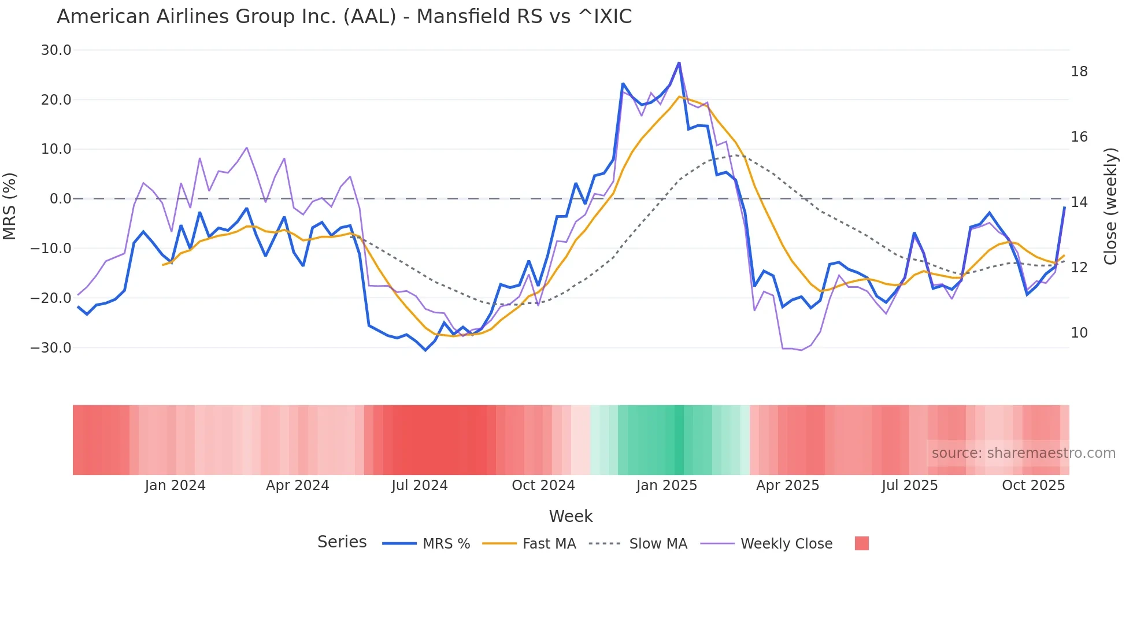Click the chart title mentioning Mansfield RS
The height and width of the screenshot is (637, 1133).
[344, 17]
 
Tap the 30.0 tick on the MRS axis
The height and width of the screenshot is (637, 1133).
[56, 50]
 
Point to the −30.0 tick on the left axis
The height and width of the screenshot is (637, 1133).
[51, 348]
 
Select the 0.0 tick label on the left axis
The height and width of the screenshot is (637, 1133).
[61, 199]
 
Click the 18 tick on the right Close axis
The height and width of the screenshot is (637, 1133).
[1079, 72]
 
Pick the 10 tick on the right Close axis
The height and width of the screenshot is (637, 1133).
[1079, 333]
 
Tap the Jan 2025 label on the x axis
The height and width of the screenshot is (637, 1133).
[667, 486]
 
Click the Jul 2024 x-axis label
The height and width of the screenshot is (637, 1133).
[420, 486]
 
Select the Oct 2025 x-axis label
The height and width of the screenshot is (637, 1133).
[1033, 486]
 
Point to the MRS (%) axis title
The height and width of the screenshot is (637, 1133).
[10, 206]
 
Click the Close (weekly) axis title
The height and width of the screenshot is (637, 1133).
[1110, 206]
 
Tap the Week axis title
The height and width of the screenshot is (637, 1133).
[571, 516]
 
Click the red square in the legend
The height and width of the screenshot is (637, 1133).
[861, 543]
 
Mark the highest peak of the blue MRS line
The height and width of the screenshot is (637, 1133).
[679, 62]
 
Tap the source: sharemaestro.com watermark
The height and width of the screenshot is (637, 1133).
[1023, 453]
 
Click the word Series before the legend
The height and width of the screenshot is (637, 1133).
[342, 542]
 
